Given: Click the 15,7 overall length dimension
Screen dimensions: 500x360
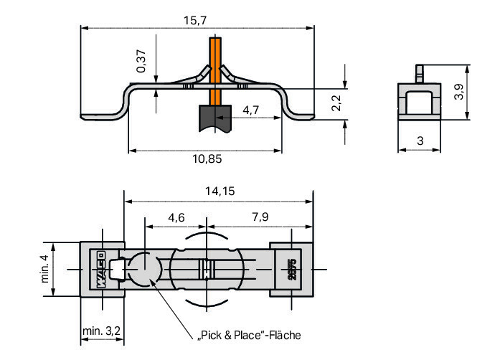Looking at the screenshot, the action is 195,21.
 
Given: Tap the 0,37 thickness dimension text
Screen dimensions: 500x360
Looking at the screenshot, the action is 141,61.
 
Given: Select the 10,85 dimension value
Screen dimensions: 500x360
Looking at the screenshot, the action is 207,158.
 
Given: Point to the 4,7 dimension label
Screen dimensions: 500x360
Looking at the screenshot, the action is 250,110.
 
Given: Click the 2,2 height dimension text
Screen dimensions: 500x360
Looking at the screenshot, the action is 336,103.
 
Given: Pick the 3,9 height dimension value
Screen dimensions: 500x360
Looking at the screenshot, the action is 459,92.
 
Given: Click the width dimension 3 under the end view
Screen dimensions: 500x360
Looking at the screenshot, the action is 420,141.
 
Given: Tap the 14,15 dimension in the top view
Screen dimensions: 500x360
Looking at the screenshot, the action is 220,191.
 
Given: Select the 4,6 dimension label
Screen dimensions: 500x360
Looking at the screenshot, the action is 176,218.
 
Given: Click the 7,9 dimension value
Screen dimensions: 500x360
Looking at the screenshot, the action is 260,217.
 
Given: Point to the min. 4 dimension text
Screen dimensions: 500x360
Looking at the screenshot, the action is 45,268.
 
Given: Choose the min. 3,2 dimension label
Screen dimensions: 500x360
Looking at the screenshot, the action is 101,331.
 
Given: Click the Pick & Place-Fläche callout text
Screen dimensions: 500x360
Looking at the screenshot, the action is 250,336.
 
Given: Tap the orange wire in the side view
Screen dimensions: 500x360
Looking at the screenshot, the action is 215,72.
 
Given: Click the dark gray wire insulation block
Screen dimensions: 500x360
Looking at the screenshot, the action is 215,118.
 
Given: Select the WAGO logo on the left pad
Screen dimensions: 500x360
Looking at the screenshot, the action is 101,270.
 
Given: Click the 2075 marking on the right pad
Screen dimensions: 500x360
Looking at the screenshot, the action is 292,270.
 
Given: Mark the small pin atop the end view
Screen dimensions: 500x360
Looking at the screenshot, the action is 420,74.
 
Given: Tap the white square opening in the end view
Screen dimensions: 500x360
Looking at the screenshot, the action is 420,103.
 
